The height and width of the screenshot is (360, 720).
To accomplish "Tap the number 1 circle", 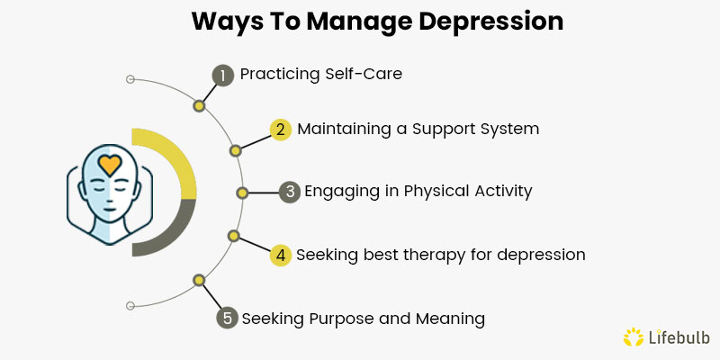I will pyautogui.click(x=222, y=75).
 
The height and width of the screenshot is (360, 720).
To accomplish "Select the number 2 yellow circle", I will pyautogui.click(x=281, y=130).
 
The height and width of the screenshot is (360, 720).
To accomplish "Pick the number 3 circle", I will pyautogui.click(x=289, y=192).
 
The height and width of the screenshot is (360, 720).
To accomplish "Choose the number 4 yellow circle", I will pyautogui.click(x=281, y=255).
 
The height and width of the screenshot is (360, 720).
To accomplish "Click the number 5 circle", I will pyautogui.click(x=228, y=318).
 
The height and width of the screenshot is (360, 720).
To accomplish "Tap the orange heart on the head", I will pyautogui.click(x=109, y=165).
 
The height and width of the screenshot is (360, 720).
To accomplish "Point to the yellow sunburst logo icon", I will pyautogui.click(x=633, y=337).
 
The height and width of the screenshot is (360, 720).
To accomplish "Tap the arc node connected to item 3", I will pyautogui.click(x=241, y=192).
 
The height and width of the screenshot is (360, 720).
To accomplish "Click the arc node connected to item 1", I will pyautogui.click(x=199, y=105).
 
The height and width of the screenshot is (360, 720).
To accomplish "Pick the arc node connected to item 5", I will pyautogui.click(x=199, y=280).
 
